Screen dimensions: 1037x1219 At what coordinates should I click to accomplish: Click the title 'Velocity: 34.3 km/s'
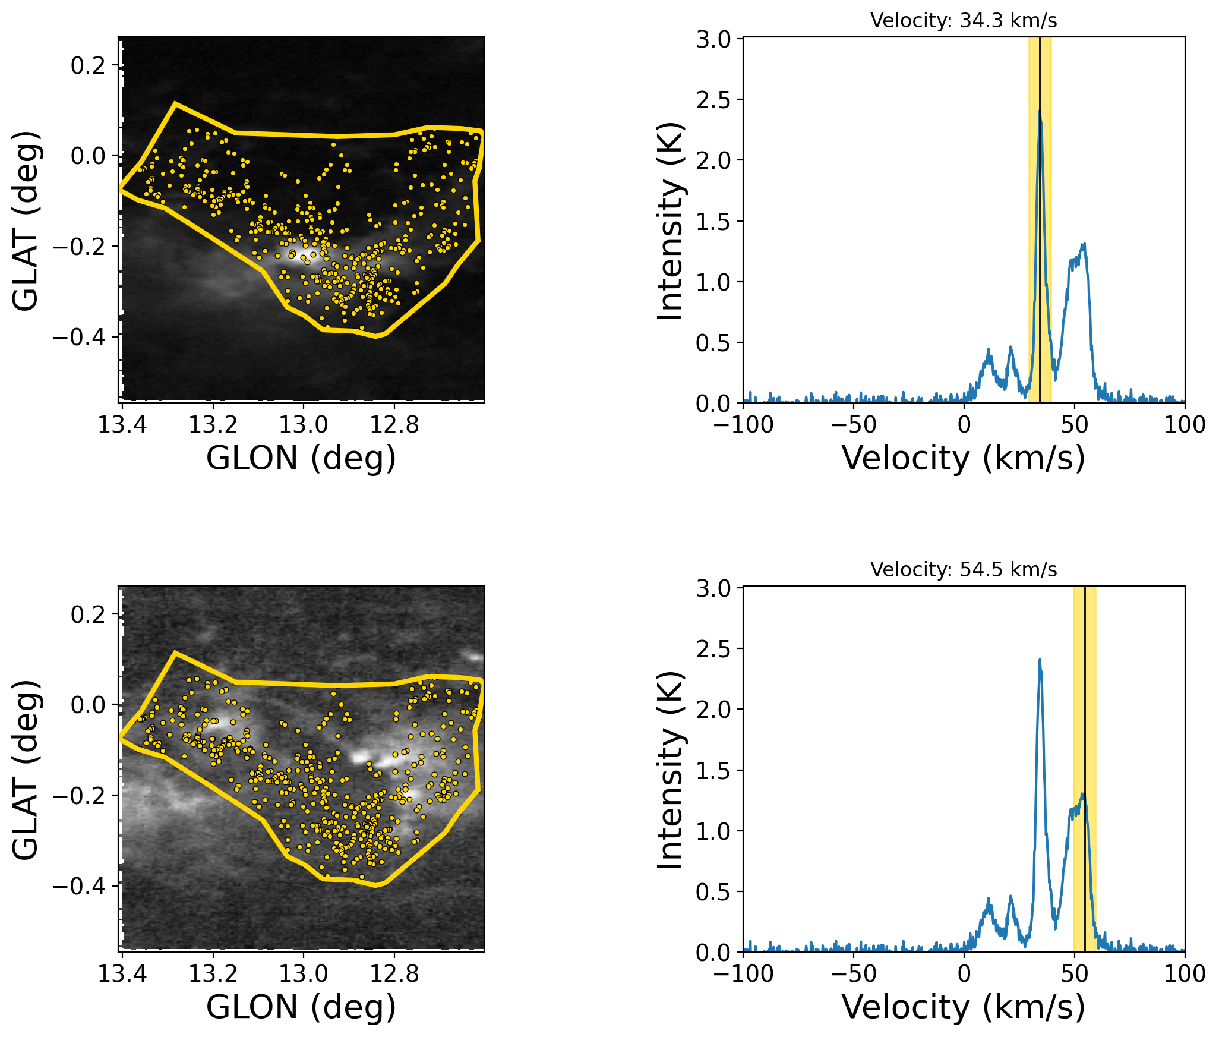(963, 21)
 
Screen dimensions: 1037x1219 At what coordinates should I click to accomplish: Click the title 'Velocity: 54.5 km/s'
(963, 570)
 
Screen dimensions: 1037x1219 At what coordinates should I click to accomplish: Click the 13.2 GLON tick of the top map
(213, 403)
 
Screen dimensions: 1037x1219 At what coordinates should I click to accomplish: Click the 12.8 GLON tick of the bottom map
(394, 952)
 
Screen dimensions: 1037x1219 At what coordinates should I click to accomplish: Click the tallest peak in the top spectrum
(1040, 111)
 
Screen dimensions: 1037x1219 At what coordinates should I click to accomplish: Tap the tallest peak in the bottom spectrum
(1040, 660)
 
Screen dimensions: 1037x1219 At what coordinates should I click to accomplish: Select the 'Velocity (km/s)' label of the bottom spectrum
(963, 1007)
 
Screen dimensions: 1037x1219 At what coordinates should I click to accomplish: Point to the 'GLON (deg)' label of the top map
(301, 458)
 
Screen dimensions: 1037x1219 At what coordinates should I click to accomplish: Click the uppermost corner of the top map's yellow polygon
(175, 103)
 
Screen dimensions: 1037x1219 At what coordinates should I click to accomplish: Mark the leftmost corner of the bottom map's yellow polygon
(120, 737)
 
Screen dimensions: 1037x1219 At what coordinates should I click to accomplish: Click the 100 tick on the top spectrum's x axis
(1185, 403)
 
